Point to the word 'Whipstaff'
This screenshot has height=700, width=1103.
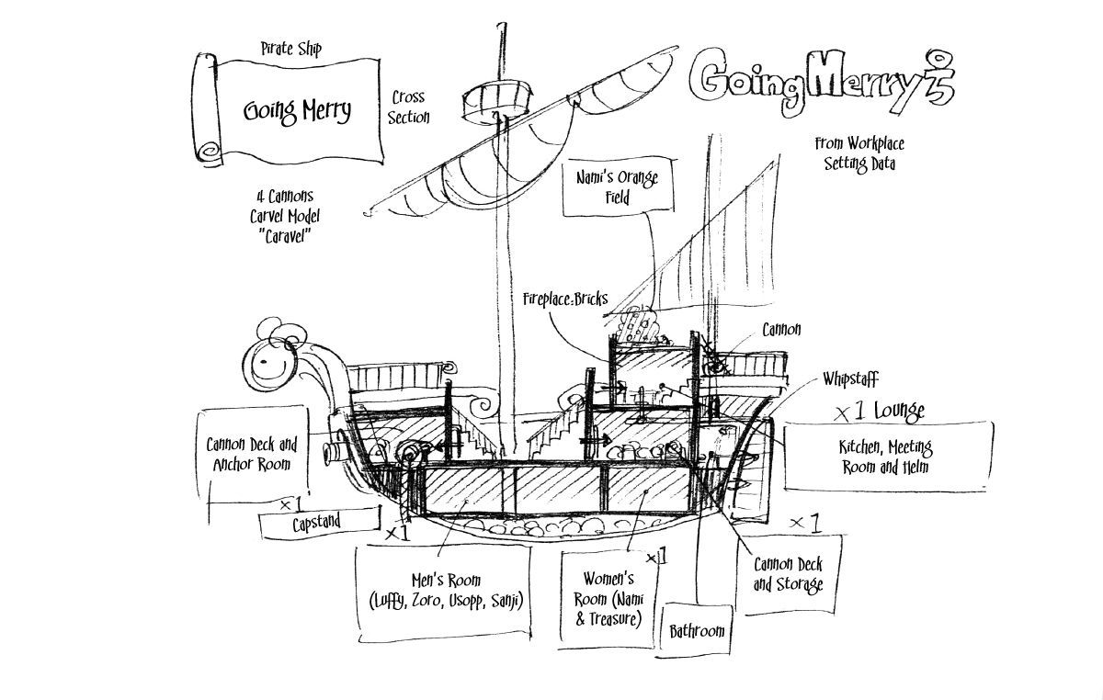pos(851,378)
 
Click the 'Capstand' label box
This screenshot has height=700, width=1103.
pos(317,523)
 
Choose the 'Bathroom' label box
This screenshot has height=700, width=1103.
pos(696,631)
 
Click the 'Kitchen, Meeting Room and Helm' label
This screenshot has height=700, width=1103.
pos(886,456)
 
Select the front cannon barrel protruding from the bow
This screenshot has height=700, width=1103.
pos(338,453)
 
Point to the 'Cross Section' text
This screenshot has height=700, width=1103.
pos(408,107)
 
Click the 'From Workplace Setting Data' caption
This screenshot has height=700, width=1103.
pos(859,153)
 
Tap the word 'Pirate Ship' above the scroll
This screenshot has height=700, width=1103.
pos(290,46)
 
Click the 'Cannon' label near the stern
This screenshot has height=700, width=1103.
pos(781,330)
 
